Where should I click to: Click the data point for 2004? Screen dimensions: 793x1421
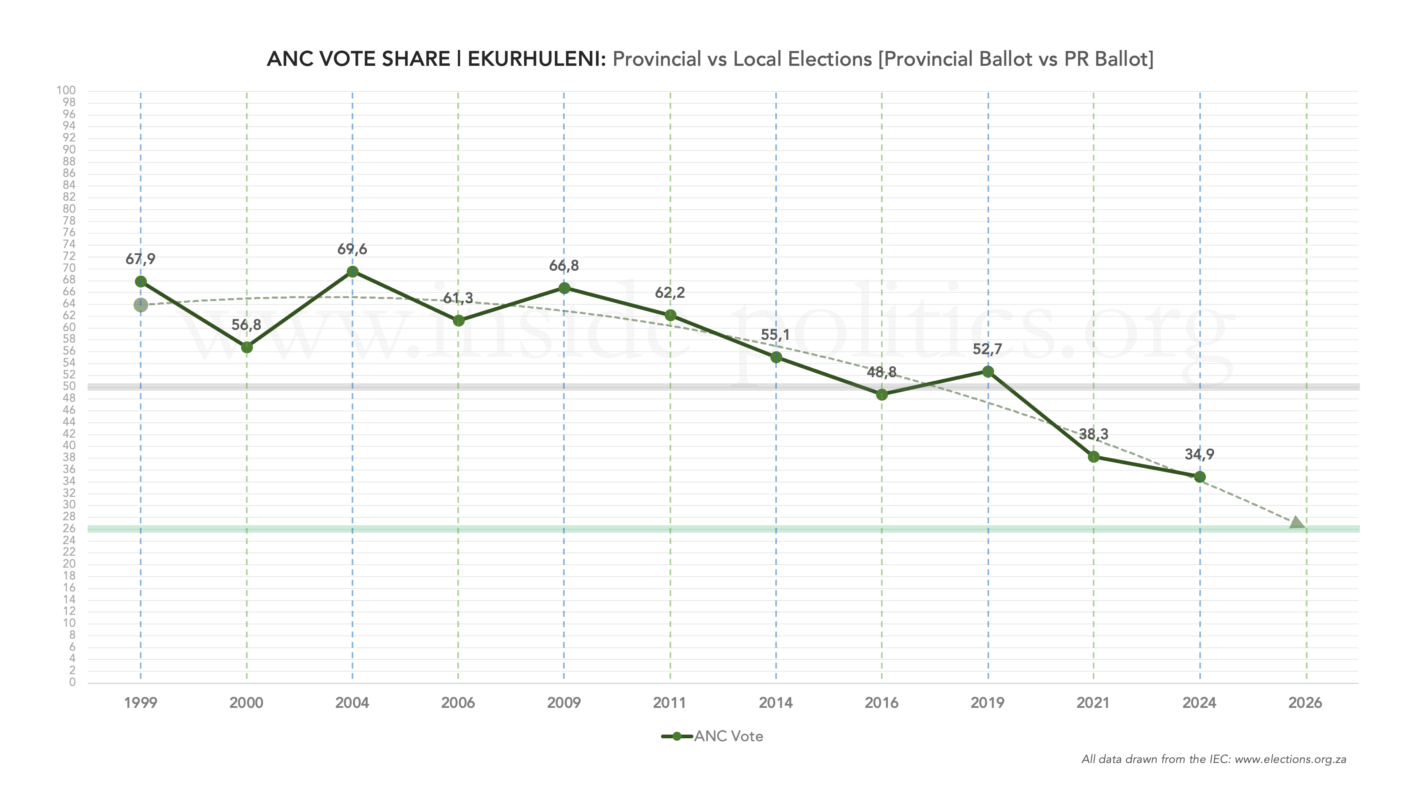pos(352,271)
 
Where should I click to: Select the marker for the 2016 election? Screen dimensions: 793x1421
pos(881,394)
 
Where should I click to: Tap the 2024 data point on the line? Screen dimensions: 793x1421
pos(1199,477)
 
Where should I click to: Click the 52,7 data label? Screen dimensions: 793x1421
pos(988,349)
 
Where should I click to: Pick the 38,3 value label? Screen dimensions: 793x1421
pos(1093,434)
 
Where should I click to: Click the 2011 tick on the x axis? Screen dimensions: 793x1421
pos(670,703)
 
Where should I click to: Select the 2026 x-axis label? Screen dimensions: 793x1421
pos(1305,703)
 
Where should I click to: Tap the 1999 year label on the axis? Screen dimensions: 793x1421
pos(141,703)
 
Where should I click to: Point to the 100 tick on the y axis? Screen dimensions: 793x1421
pos(66,90)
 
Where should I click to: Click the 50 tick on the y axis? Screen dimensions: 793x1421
pos(69,386)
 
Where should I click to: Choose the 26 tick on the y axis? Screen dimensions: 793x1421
pos(69,528)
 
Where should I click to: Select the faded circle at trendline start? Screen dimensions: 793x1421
pos(141,305)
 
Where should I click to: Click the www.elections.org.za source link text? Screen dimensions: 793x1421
pos(1290,759)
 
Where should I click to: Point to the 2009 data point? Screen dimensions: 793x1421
pos(564,288)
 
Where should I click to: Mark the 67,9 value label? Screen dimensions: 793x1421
pos(141,259)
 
